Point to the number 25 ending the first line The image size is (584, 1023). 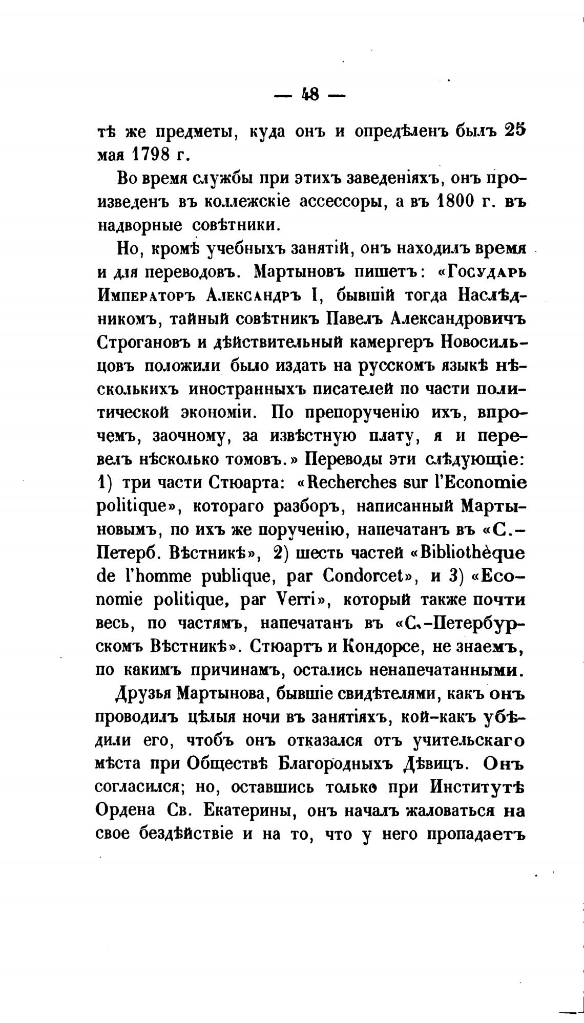coord(513,130)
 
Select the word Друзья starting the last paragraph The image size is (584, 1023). coord(144,694)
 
